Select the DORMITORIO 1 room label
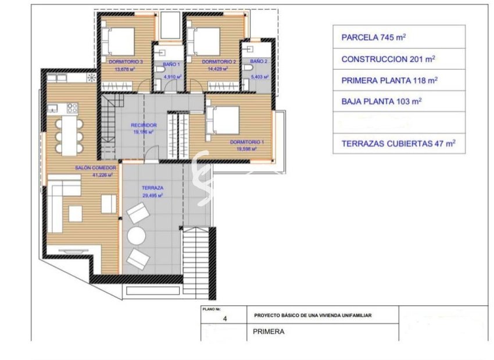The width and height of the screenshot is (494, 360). click(242, 142)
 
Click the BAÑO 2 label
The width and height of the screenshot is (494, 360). click(259, 62)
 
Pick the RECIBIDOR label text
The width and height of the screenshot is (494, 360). click(143, 125)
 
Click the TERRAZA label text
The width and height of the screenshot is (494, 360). click(152, 189)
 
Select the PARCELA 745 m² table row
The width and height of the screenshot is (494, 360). click(399, 37)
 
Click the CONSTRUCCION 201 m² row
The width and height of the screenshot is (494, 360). click(399, 59)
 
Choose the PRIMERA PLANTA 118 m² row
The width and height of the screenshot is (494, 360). click(399, 80)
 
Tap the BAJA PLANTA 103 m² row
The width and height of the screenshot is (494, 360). click(399, 101)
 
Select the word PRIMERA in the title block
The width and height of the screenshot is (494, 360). click(269, 333)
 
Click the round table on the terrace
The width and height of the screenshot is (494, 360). click(138, 236)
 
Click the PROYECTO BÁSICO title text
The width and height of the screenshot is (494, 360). click(313, 315)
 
